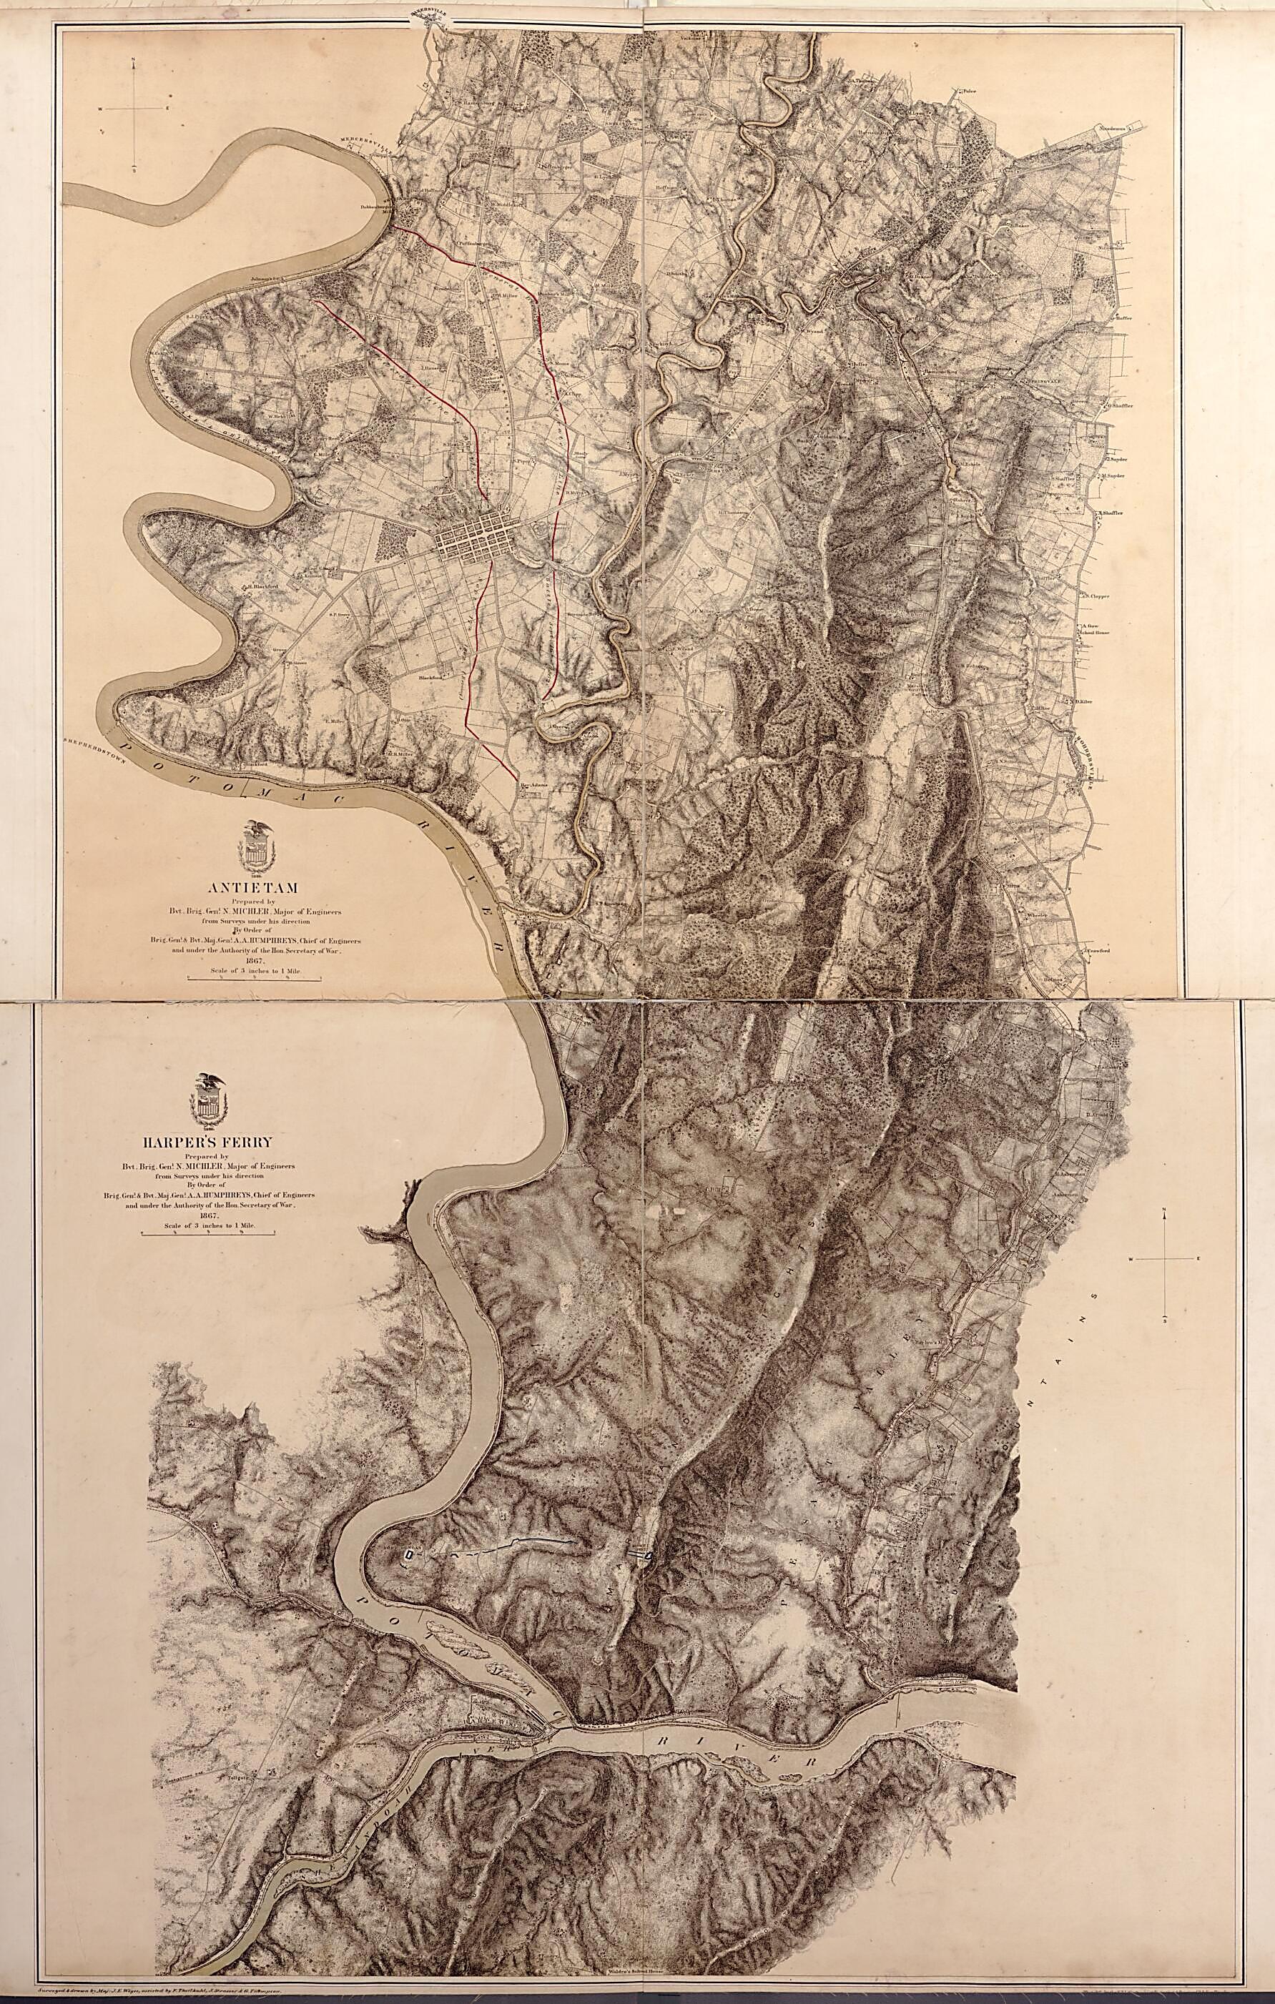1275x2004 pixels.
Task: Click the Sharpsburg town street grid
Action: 476,542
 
